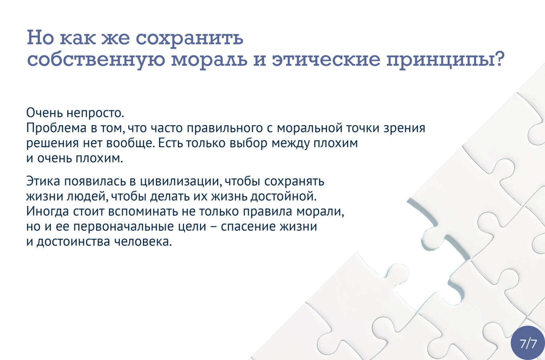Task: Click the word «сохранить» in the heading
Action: point(190,38)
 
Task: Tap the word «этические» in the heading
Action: point(326,60)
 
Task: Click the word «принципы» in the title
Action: point(441,61)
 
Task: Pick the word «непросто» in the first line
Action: point(95,113)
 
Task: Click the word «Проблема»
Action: point(57,128)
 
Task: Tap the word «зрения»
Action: point(404,128)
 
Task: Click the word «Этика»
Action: point(43,181)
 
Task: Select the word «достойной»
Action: point(283,196)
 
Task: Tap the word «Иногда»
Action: point(48,211)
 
